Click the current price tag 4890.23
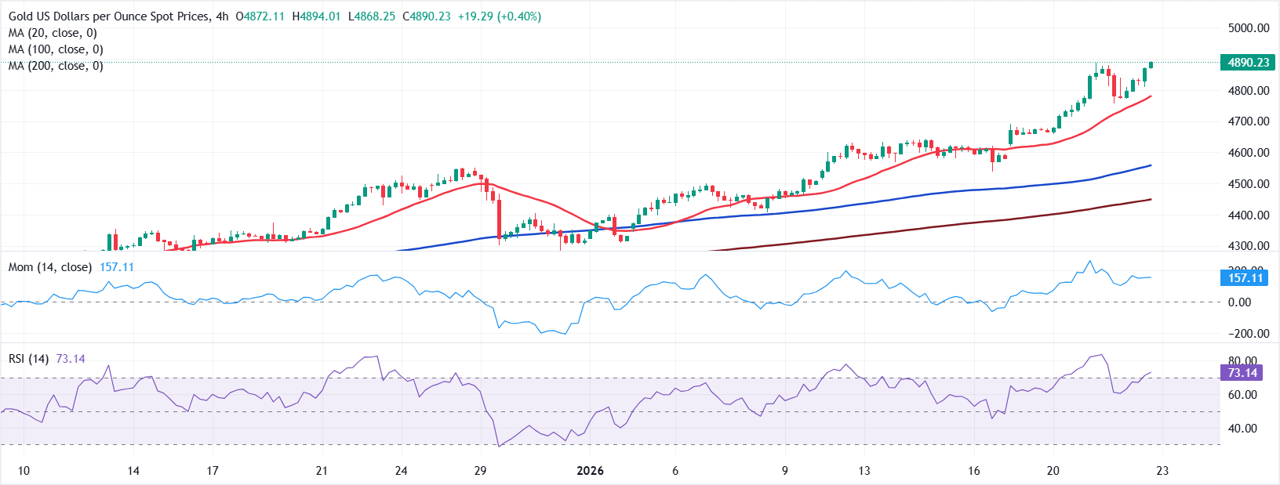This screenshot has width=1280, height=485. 1247,63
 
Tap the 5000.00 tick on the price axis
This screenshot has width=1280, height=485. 1249,28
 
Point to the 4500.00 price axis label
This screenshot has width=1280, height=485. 1249,184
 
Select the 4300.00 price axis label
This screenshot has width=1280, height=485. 1249,246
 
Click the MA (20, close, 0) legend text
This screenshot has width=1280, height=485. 53,33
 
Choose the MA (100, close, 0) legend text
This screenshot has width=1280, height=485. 56,49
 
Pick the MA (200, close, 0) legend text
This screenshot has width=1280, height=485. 56,66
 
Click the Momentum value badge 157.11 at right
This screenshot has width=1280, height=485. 1245,278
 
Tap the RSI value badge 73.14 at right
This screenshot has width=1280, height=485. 1242,373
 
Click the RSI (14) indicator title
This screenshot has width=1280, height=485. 28,359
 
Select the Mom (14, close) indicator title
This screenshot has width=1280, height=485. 50,267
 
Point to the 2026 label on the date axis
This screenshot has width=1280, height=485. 590,471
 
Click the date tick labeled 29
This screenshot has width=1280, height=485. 480,471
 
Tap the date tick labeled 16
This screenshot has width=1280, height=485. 973,471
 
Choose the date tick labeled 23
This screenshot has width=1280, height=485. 1162,471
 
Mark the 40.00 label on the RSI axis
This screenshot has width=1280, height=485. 1242,429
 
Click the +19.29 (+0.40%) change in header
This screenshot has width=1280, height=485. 500,16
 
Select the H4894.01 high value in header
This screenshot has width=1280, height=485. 316,16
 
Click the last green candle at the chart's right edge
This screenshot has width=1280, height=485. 1151,65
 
